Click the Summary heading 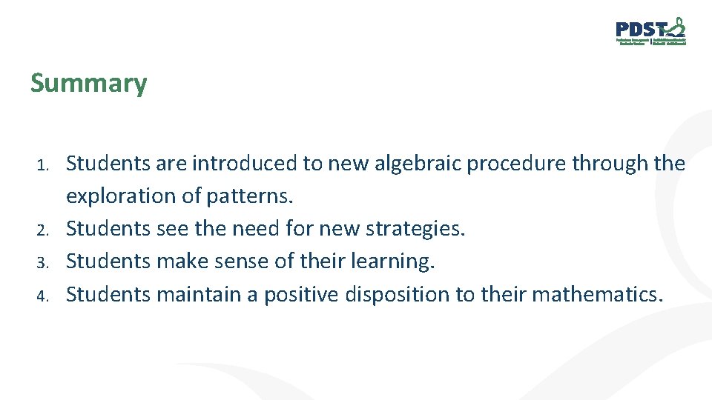tap(88, 83)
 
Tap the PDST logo tap(650, 32)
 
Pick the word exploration tap(133, 196)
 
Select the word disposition tap(397, 294)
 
